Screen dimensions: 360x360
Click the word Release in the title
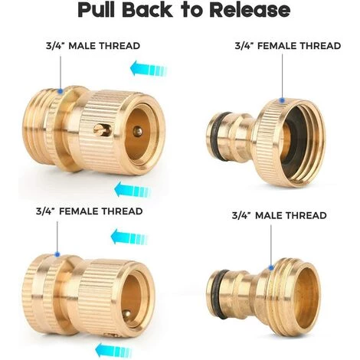point(250,9)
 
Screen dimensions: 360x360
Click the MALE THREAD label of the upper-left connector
point(104,46)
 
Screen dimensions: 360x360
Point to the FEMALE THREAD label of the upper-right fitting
point(299,46)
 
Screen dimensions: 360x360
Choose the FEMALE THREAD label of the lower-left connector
point(100,211)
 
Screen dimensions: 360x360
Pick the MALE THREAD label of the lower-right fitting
point(291,215)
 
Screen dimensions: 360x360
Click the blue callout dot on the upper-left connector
point(61,90)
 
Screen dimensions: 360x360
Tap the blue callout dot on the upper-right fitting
point(282,100)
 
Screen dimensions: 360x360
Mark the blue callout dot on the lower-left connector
point(57,254)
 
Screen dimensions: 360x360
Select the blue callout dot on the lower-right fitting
point(271,267)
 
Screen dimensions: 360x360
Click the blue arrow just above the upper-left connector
point(149,68)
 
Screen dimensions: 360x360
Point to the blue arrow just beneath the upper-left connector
point(133,190)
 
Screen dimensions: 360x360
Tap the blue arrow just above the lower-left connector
point(129,237)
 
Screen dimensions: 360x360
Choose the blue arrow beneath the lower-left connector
point(114,351)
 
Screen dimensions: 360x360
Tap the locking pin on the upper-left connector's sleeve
point(102,130)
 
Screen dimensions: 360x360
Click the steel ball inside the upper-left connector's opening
point(138,131)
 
